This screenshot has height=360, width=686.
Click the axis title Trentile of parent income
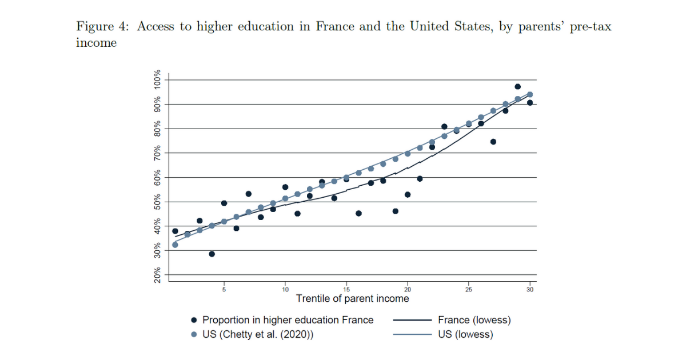point(352,299)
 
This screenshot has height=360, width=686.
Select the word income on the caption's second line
point(96,43)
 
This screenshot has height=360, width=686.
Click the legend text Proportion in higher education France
point(288,320)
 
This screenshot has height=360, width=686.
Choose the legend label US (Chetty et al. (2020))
point(258,335)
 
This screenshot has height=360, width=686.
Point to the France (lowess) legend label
point(474,320)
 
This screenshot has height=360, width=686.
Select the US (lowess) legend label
point(465,335)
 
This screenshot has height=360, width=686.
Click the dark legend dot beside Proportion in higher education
point(194,320)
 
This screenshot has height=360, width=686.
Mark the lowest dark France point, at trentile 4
point(212,254)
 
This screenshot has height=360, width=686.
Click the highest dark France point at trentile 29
point(517,87)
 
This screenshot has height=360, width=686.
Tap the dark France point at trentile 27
point(493,142)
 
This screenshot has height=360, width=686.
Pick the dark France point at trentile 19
point(395,211)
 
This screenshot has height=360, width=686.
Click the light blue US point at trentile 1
point(175,245)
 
